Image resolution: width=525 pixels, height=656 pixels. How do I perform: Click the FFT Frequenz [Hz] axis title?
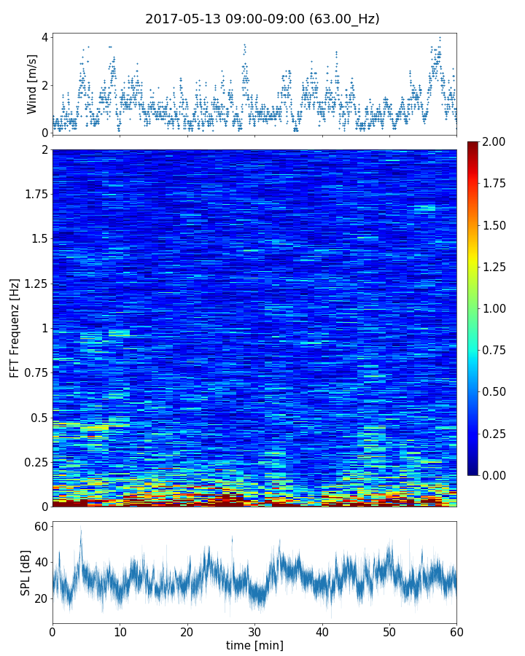pos(15,327)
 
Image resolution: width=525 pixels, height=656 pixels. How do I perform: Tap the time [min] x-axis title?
pos(254,645)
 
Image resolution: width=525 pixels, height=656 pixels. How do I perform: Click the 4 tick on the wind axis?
pos(44,37)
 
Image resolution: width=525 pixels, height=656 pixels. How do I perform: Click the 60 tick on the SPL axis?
pos(41,526)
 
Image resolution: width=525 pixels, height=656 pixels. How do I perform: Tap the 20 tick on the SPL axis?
pos(41,598)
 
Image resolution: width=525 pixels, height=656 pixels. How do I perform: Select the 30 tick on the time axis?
pos(254,630)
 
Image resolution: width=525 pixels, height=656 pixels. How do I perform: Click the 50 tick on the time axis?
pos(389,630)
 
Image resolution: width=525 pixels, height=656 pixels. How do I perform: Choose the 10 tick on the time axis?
pos(120,630)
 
